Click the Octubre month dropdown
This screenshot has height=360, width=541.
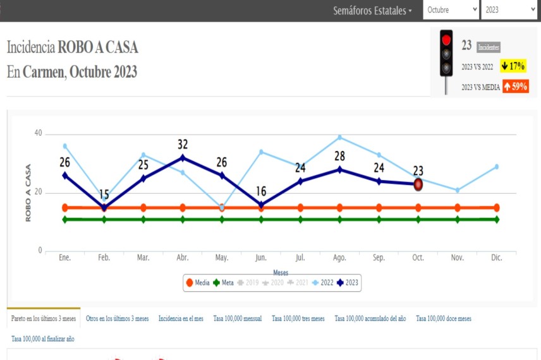(451, 10)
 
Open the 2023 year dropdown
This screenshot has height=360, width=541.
(508, 10)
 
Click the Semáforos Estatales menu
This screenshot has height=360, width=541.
(372, 11)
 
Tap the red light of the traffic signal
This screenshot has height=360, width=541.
(446, 40)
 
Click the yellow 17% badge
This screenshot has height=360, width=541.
(513, 66)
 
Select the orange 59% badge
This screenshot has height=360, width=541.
(516, 87)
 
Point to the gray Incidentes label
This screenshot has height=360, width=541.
(488, 47)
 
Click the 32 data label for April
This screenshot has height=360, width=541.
(183, 145)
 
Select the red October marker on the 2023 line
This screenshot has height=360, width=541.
(418, 184)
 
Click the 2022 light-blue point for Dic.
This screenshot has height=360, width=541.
(496, 167)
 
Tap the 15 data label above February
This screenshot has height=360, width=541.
(104, 195)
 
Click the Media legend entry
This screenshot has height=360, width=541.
(197, 283)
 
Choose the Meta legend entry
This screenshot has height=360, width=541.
(223, 283)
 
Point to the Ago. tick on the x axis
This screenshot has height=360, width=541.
(339, 258)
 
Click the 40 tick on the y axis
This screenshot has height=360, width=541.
(38, 133)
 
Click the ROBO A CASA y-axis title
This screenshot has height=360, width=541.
(28, 192)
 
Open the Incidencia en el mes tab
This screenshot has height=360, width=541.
(181, 319)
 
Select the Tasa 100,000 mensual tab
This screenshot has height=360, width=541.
(238, 319)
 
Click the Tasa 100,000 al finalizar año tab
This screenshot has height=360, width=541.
(43, 339)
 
